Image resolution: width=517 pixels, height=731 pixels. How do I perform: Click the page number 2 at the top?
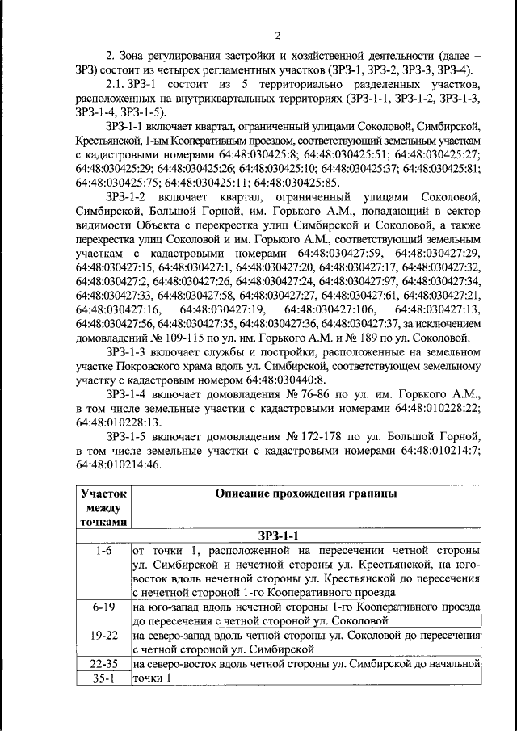(x=277, y=36)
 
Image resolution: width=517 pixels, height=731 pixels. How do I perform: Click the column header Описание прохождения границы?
(x=306, y=494)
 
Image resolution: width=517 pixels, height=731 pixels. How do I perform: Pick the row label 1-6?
(x=103, y=550)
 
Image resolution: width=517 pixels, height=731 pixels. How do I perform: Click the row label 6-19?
(x=103, y=607)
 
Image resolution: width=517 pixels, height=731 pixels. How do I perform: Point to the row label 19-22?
(x=103, y=635)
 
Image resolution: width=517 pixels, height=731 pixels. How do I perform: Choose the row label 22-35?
(x=103, y=663)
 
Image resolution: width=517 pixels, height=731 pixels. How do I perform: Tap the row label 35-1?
(x=103, y=678)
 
